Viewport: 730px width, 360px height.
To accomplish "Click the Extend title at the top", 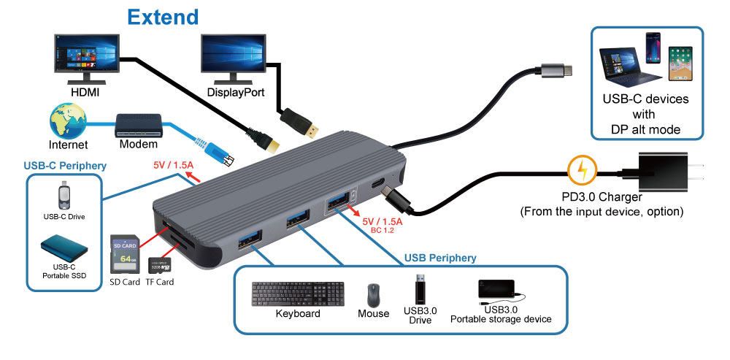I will coord(163,16).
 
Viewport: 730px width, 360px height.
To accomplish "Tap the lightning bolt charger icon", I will coord(582,172).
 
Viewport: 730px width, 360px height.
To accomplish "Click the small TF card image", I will coord(159,266).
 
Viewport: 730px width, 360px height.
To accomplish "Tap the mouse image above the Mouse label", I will coord(373,294).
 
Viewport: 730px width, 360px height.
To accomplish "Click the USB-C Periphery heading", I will coord(65,166).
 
